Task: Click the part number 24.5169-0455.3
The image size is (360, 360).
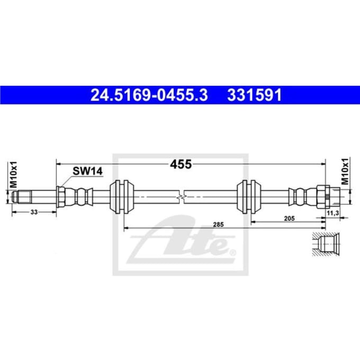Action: [x=149, y=95]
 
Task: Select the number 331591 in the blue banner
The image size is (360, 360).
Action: [x=255, y=95]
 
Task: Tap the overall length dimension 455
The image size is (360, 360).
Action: [x=181, y=165]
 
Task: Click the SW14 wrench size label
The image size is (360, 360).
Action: [x=87, y=171]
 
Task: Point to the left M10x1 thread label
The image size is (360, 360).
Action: [x=13, y=174]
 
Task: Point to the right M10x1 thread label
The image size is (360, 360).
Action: [x=345, y=172]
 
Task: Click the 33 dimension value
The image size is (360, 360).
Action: [x=34, y=212]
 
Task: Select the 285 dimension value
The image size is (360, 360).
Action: [x=218, y=224]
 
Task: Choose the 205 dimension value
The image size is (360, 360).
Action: [x=289, y=218]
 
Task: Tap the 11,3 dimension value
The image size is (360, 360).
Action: [x=332, y=213]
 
